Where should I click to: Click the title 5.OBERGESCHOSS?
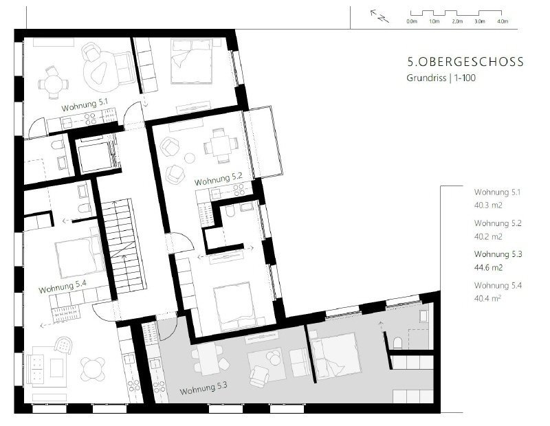tap(465, 62)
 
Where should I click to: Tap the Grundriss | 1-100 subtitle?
tap(441, 78)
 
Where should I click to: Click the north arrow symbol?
tap(379, 16)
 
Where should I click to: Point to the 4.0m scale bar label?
tap(503, 21)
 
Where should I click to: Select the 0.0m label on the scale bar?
tap(412, 21)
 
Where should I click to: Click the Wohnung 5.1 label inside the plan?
tap(85, 105)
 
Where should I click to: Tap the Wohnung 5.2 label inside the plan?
tap(219, 179)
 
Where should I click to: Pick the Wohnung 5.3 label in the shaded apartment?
tap(203, 388)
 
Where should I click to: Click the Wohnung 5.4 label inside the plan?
tap(63, 287)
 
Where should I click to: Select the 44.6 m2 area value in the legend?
tap(488, 268)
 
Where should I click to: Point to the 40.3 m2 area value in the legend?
tap(488, 205)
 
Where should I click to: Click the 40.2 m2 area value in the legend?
tap(488, 236)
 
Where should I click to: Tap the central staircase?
tap(124, 246)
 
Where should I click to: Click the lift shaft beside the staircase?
tap(95, 156)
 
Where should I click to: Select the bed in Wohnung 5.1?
tap(192, 61)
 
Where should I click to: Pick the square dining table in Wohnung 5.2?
tap(221, 146)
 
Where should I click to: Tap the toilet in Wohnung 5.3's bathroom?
tap(397, 343)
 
